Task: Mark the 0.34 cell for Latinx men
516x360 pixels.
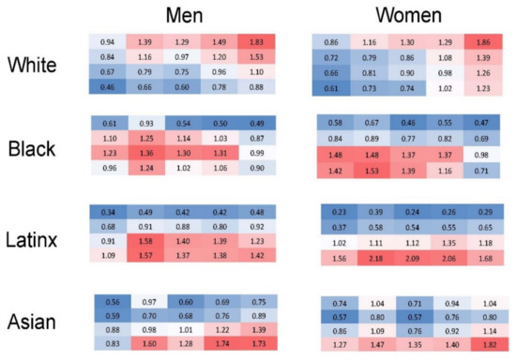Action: pos(109,212)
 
